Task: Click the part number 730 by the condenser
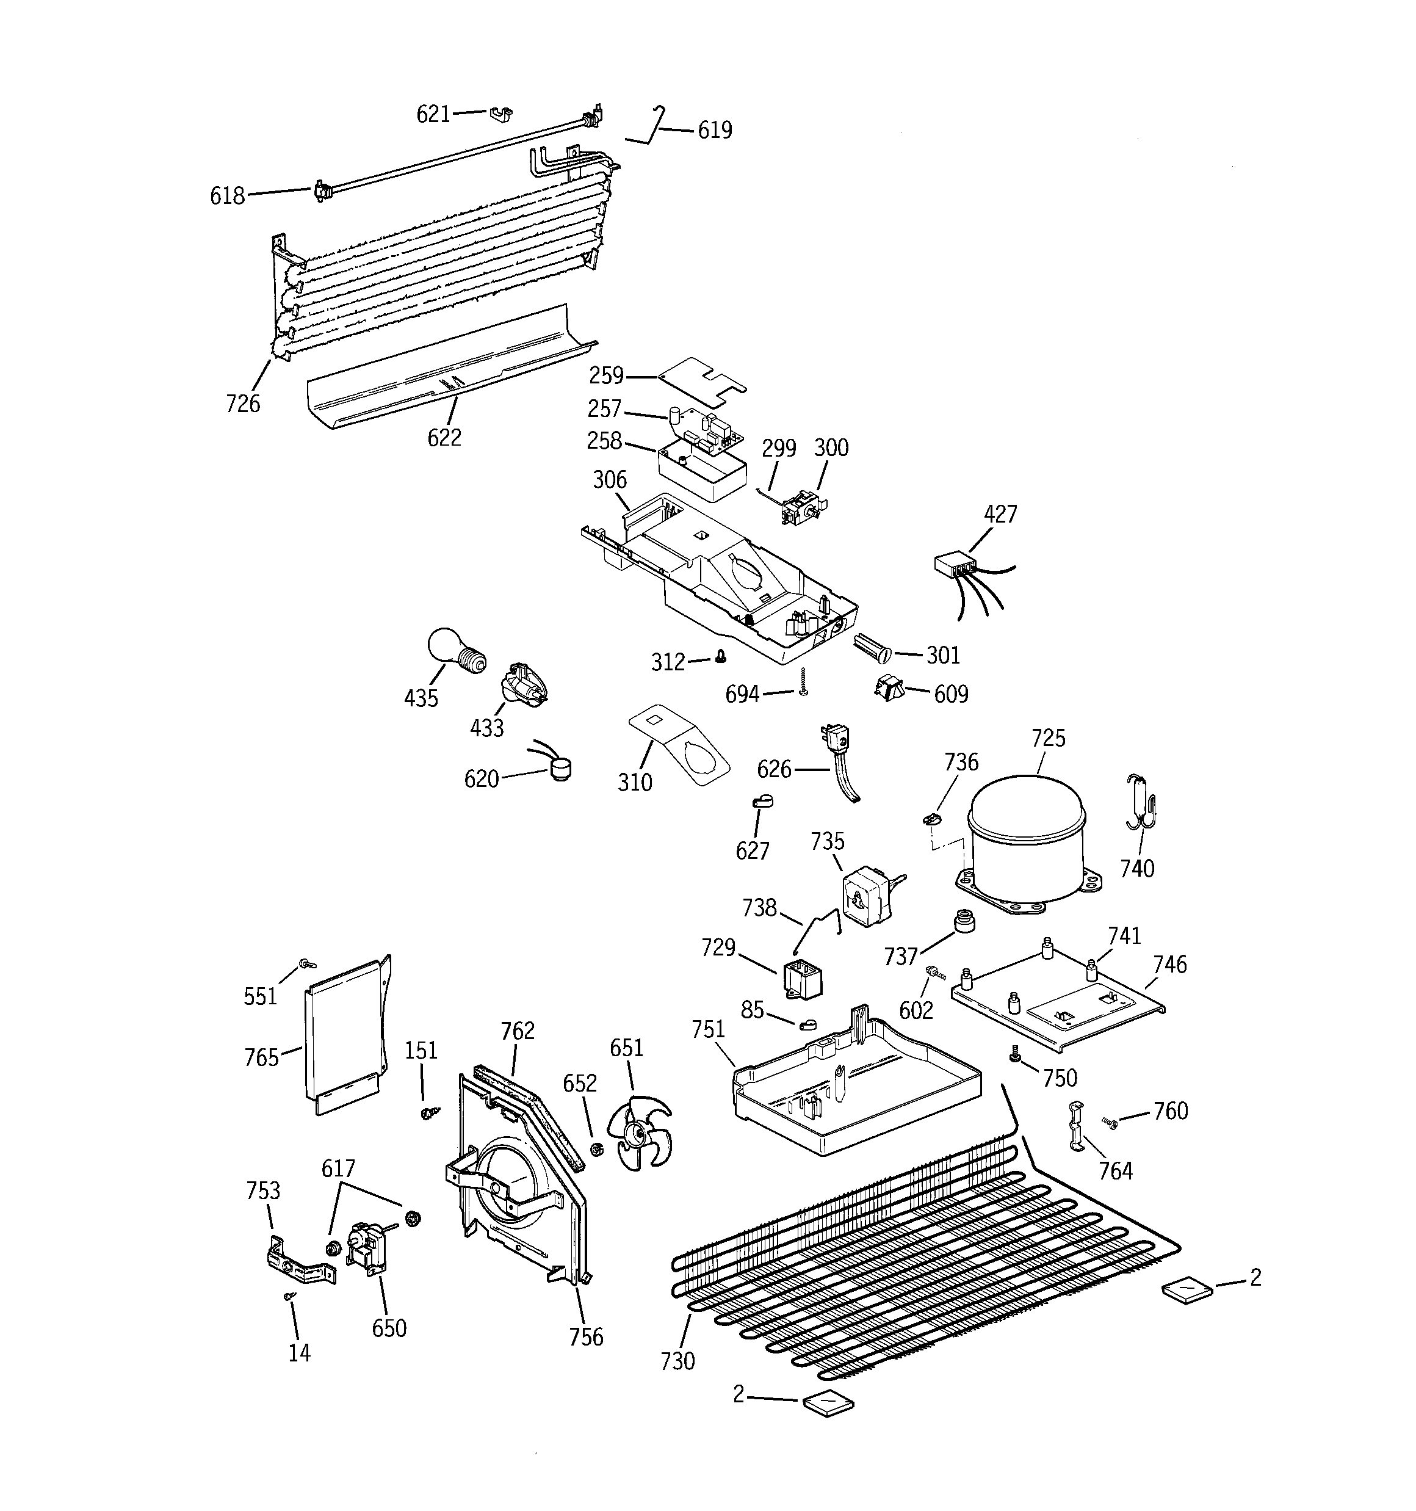[677, 1360]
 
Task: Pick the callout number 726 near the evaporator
[242, 404]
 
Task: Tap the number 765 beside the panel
[261, 1057]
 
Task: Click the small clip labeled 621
[500, 114]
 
